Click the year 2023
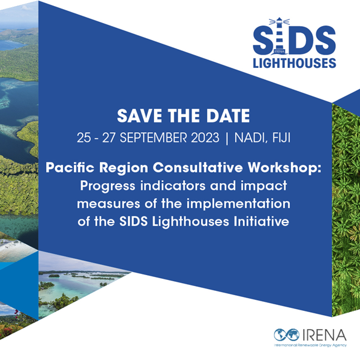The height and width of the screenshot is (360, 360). (x=205, y=138)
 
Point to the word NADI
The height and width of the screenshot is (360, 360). (x=251, y=138)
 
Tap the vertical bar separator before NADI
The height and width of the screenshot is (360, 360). (x=227, y=138)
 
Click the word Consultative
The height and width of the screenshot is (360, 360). (x=198, y=167)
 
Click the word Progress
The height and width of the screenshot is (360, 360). (x=108, y=186)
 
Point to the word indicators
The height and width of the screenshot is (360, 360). (x=173, y=185)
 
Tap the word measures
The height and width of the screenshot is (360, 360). (x=108, y=204)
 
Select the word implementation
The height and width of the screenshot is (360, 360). (x=238, y=204)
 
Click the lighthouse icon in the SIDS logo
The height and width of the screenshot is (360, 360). (x=279, y=36)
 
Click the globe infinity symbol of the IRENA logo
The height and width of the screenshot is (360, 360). (x=287, y=335)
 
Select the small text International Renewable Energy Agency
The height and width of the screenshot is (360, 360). (x=310, y=345)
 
